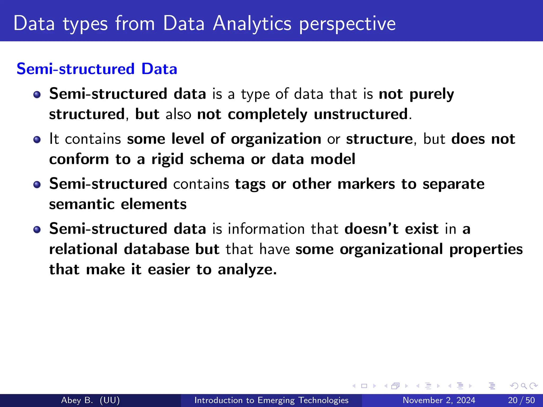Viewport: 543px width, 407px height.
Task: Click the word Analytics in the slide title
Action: tap(252, 24)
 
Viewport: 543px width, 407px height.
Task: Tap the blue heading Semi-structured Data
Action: tap(97, 69)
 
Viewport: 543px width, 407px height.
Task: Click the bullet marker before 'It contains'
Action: tap(37, 140)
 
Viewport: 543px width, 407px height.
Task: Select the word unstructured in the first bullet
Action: tap(361, 114)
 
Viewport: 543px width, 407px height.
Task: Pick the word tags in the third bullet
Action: tap(250, 184)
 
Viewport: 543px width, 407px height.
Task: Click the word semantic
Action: tap(82, 204)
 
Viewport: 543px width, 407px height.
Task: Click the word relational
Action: tap(83, 249)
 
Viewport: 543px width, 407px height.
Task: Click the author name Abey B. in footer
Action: tap(77, 400)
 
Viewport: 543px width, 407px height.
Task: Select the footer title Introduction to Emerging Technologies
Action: tap(271, 400)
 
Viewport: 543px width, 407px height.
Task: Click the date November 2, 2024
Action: tap(439, 400)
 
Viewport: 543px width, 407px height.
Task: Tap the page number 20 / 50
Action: tap(521, 400)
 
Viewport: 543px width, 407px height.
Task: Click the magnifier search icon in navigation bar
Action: tap(524, 386)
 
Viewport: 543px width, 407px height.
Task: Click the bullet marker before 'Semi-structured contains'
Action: tap(37, 185)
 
